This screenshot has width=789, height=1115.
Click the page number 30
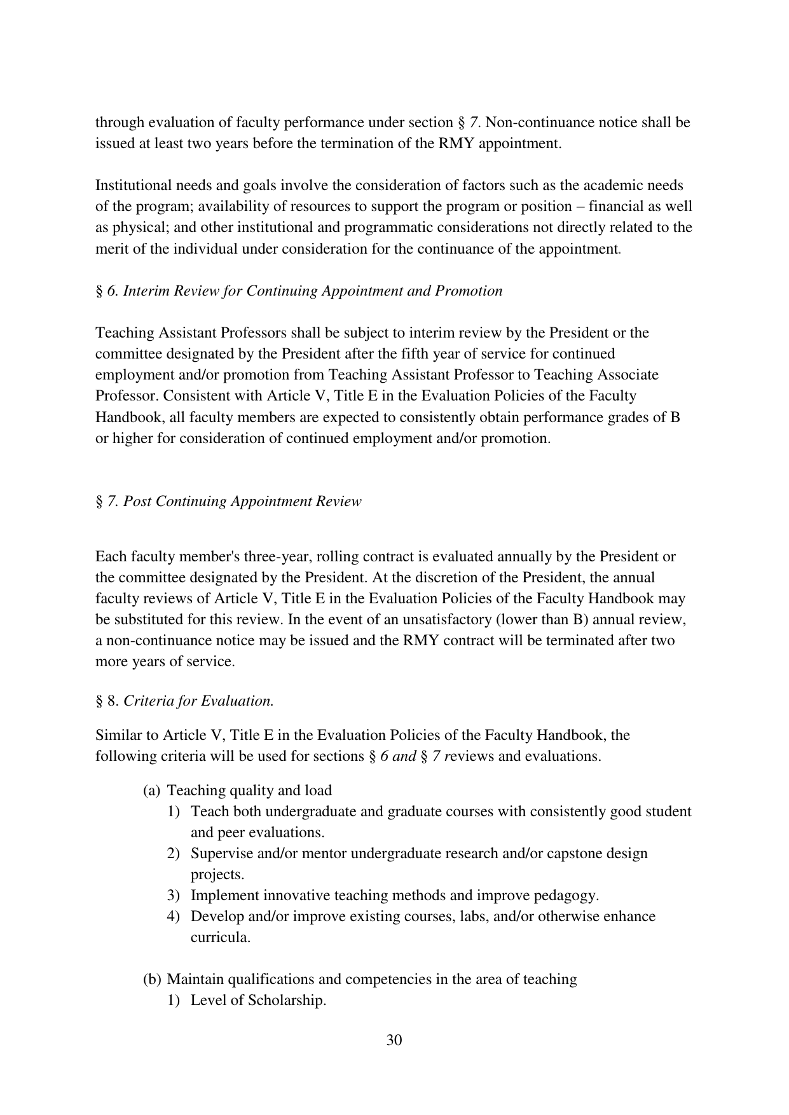tap(394, 1041)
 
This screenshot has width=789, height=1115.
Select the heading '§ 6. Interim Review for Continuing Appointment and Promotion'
tap(299, 291)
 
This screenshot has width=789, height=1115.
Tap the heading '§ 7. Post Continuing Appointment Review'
tap(228, 502)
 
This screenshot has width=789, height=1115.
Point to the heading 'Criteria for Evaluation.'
tap(198, 701)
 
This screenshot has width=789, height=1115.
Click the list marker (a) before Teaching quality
tap(152, 791)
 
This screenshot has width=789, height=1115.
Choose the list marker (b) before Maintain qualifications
tap(152, 980)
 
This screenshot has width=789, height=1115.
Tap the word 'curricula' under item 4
tap(219, 938)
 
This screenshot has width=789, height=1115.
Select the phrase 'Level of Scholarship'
tap(258, 1001)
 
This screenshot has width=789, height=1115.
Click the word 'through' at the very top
tap(119, 123)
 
